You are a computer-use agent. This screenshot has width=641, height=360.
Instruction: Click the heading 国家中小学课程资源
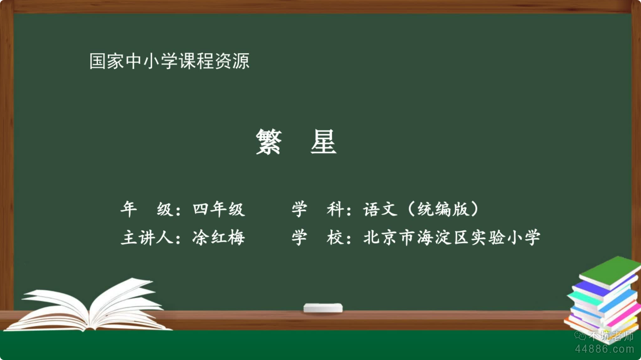(x=169, y=61)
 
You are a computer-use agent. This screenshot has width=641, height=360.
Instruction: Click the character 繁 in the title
(x=269, y=141)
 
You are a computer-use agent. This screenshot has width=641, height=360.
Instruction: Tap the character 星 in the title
(x=323, y=141)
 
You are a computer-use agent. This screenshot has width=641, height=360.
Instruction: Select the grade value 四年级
(x=219, y=209)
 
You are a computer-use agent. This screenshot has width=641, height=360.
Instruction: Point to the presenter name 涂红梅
(x=219, y=237)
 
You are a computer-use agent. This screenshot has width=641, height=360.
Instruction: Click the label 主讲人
(x=147, y=238)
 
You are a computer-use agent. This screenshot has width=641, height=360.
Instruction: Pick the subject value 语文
(x=380, y=209)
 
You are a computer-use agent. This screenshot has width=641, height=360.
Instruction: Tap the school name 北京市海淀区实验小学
(x=452, y=237)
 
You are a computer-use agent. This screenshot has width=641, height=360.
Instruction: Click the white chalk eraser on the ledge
(x=323, y=308)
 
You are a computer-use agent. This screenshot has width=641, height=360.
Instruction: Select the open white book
(x=89, y=305)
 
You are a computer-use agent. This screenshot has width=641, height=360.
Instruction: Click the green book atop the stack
(x=610, y=272)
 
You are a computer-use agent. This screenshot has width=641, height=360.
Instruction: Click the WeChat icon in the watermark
(x=580, y=335)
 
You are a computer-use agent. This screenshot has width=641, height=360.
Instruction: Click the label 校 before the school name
(x=335, y=238)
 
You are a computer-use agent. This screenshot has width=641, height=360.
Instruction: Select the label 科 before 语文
(x=335, y=209)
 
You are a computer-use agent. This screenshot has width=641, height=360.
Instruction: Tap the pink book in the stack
(x=624, y=316)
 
